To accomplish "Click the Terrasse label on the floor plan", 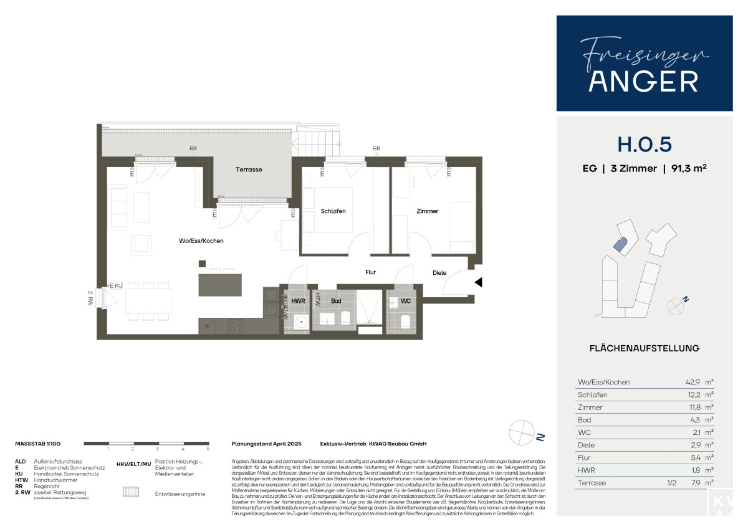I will coord(249,169).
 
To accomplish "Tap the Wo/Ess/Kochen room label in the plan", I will coord(201,241).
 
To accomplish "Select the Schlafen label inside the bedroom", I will coord(333,211).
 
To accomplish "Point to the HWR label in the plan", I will coord(298,301).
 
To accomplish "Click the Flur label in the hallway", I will coord(370,272).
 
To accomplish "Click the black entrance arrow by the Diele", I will coord(478,282).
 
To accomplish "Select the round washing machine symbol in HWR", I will coord(300,323).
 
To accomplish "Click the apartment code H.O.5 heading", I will coord(644,144).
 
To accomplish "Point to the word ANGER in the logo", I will coord(644,81).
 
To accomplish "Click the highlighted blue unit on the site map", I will coord(620,244).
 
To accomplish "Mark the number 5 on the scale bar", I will coord(208,449).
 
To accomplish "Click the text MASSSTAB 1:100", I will coord(42,444).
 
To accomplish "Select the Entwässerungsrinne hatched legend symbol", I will coord(132,492).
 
